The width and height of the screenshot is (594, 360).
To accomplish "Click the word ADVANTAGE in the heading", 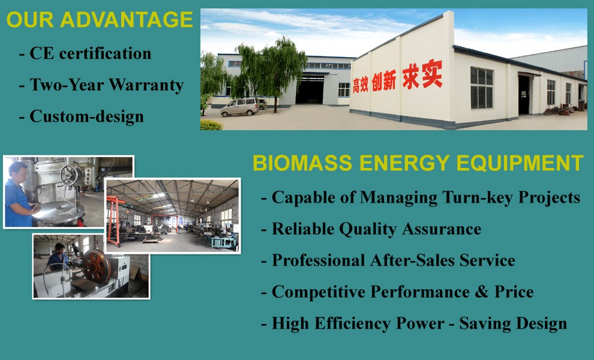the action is pyautogui.click(x=127, y=20).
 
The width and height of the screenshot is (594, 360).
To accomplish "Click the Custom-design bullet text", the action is pyautogui.click(x=87, y=117).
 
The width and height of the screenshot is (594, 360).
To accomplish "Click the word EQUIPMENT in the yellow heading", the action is pyautogui.click(x=520, y=163).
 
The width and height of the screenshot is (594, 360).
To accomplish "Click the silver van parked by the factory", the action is pyautogui.click(x=240, y=107).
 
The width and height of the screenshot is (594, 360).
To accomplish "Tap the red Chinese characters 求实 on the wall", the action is pyautogui.click(x=422, y=75).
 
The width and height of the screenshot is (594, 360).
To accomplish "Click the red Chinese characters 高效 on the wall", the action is pyautogui.click(x=360, y=85).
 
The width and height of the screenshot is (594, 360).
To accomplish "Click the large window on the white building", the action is pyautogui.click(x=481, y=88).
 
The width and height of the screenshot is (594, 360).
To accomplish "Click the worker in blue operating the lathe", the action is pyautogui.click(x=58, y=257).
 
